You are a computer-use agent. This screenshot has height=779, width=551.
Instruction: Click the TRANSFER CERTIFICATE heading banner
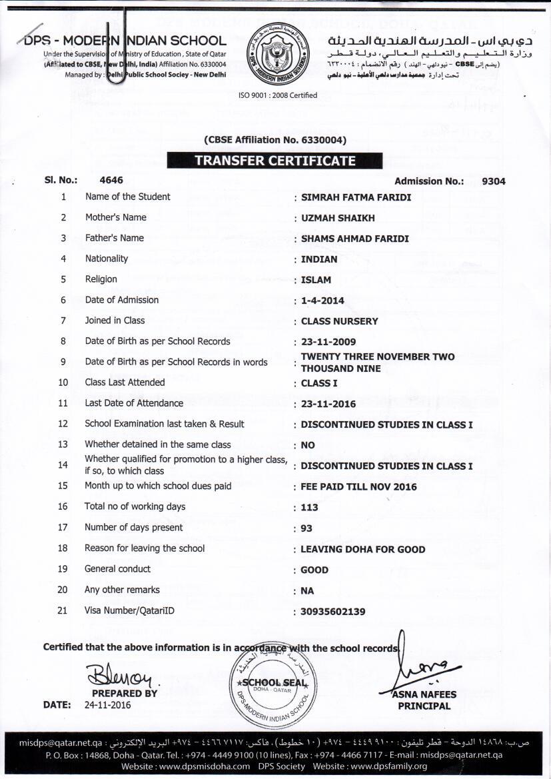tap(275, 161)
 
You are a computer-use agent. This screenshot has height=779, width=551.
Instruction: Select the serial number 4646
tap(111, 180)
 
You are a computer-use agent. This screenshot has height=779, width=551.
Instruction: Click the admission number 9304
tap(493, 181)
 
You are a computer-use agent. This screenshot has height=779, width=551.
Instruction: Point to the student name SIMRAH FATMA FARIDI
tap(356, 197)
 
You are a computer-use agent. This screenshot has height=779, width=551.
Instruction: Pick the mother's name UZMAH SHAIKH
tap(338, 218)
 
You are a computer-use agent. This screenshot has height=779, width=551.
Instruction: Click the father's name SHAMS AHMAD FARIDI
tap(355, 239)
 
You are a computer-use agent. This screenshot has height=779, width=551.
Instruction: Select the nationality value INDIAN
tap(319, 259)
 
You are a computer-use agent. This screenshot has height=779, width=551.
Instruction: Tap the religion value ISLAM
tap(316, 280)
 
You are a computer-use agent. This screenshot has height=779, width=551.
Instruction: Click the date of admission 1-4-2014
tap(322, 301)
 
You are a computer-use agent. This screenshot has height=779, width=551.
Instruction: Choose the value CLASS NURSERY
tap(339, 321)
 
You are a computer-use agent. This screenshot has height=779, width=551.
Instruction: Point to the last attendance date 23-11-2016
tap(328, 404)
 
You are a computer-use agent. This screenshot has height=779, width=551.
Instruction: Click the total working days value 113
tap(309, 508)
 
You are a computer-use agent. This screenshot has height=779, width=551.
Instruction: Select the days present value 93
tap(306, 528)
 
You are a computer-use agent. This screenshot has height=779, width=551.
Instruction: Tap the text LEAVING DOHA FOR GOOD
tap(362, 550)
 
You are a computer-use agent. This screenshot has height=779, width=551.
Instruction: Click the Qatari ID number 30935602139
tap(333, 612)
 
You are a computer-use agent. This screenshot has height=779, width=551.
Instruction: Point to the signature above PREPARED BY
tap(121, 676)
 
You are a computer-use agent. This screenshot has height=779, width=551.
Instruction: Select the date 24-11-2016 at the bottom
tap(108, 705)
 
